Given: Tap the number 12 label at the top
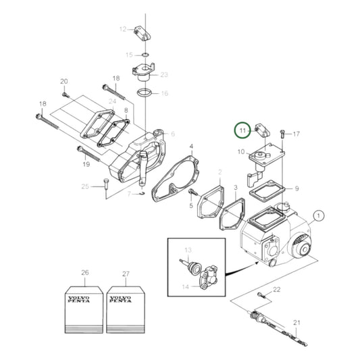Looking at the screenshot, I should pos(123,29).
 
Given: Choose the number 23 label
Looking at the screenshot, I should pos(164,74).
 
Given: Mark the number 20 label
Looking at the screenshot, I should pos(64,82).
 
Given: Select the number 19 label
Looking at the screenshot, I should pos(86,163).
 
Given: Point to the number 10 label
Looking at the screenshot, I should pos(241,152).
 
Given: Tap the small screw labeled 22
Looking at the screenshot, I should pos(260,295).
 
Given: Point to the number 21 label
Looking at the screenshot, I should pos(296,322).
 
